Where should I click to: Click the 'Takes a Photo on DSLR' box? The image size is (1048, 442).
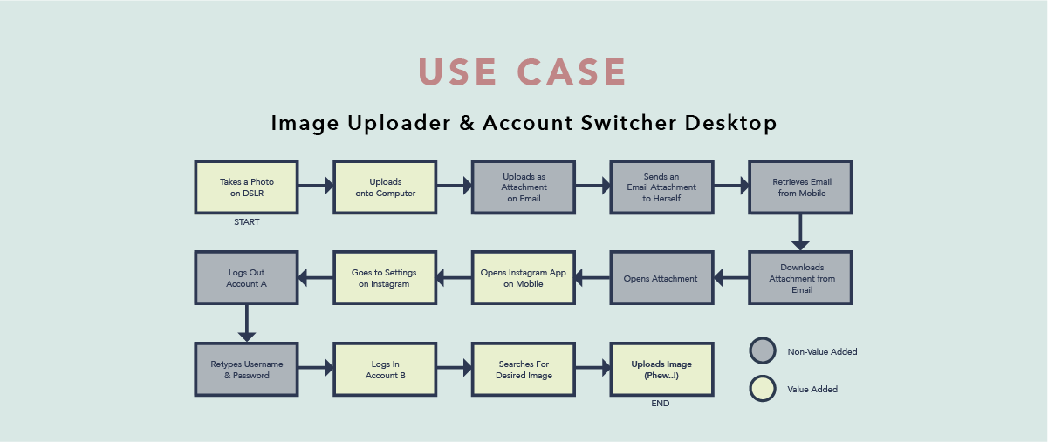(247, 187)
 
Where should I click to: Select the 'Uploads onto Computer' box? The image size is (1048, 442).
(385, 187)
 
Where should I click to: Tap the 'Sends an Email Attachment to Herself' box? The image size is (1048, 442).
(661, 187)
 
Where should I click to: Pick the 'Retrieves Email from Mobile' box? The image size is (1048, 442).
(800, 187)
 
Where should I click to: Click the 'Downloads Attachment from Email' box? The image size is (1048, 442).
(800, 278)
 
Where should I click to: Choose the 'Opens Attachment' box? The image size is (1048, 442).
(661, 278)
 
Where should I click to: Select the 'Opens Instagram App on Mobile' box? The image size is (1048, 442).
(524, 278)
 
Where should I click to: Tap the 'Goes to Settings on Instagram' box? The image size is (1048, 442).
(385, 278)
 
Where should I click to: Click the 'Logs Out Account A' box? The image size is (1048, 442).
(247, 278)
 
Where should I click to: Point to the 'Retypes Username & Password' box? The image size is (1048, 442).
(247, 370)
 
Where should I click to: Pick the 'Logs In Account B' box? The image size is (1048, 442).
(385, 370)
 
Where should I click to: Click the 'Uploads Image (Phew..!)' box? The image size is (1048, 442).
(661, 370)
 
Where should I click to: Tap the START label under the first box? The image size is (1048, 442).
(247, 222)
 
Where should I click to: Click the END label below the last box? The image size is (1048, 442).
(661, 405)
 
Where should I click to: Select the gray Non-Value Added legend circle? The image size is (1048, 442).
(763, 351)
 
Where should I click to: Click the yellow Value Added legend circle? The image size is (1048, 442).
(763, 389)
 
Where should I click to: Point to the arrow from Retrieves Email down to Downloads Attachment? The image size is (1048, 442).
(800, 233)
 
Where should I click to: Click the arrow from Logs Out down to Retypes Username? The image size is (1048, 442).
(247, 323)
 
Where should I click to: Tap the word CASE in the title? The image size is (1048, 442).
(572, 72)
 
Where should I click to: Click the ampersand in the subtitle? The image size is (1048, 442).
(467, 123)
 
